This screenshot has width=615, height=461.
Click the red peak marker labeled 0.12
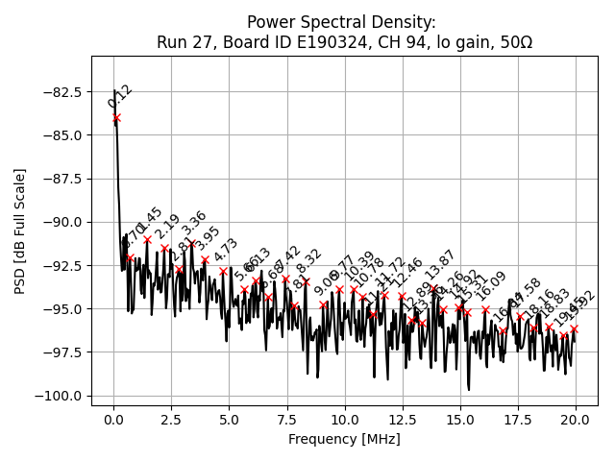point(116,118)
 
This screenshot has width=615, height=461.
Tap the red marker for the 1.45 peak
point(147,239)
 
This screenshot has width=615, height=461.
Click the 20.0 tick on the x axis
point(576,420)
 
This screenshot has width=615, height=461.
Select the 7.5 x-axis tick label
point(286,420)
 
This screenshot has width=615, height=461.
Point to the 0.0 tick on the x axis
point(113,420)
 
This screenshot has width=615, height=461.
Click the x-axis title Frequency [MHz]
point(344,439)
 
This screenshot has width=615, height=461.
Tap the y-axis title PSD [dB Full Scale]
point(20,230)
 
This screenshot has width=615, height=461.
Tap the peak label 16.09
point(492,285)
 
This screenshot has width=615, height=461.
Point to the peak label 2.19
point(167,227)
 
